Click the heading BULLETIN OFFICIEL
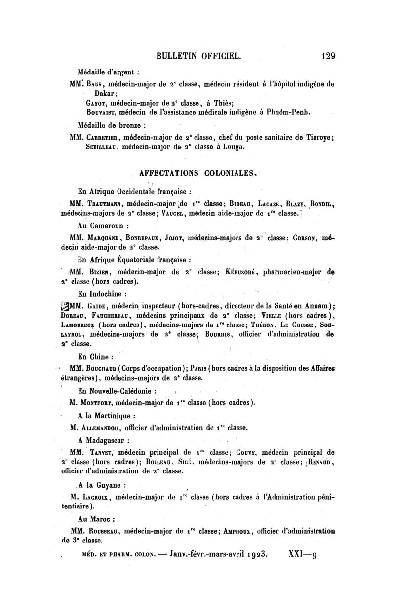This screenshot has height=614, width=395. click(198, 56)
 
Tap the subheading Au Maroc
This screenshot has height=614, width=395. click(96, 519)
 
